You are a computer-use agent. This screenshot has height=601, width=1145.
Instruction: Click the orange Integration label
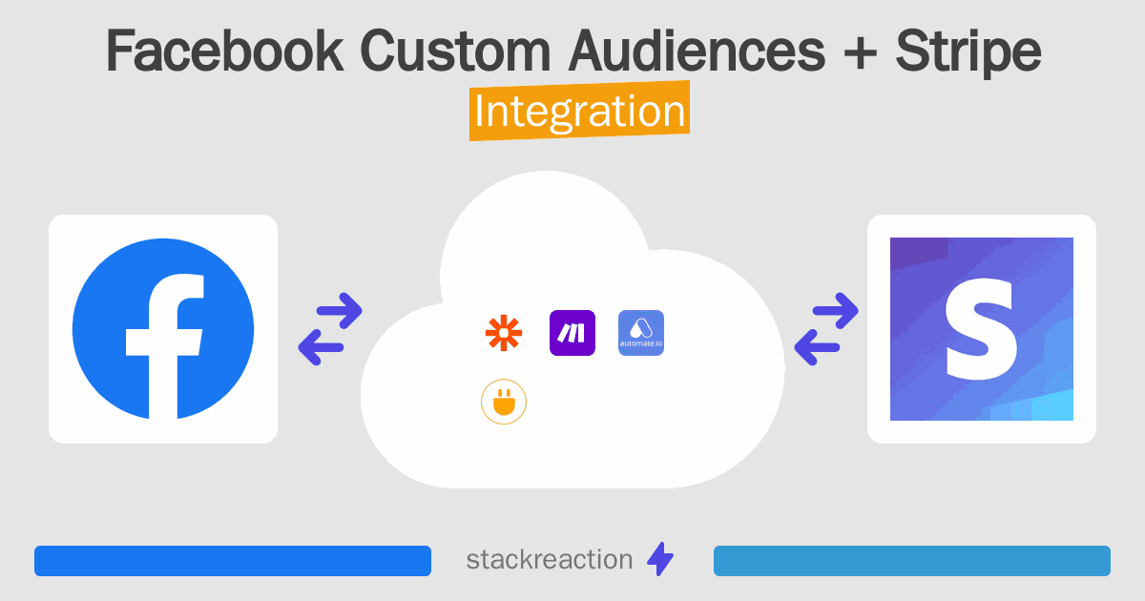click(x=579, y=112)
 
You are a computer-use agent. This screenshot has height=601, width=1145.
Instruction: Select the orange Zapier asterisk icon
click(x=499, y=333)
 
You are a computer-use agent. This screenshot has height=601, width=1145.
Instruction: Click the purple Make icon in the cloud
click(x=572, y=333)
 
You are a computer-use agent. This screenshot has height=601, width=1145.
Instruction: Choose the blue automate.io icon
click(x=641, y=333)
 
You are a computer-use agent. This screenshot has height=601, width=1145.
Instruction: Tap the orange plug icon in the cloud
click(x=504, y=404)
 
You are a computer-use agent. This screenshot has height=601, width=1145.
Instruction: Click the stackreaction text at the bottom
click(x=549, y=560)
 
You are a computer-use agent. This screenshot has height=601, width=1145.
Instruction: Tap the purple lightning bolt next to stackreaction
click(x=660, y=560)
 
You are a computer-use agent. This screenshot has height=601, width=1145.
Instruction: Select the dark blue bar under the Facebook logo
click(x=233, y=561)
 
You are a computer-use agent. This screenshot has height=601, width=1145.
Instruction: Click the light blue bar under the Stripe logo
click(x=912, y=561)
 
